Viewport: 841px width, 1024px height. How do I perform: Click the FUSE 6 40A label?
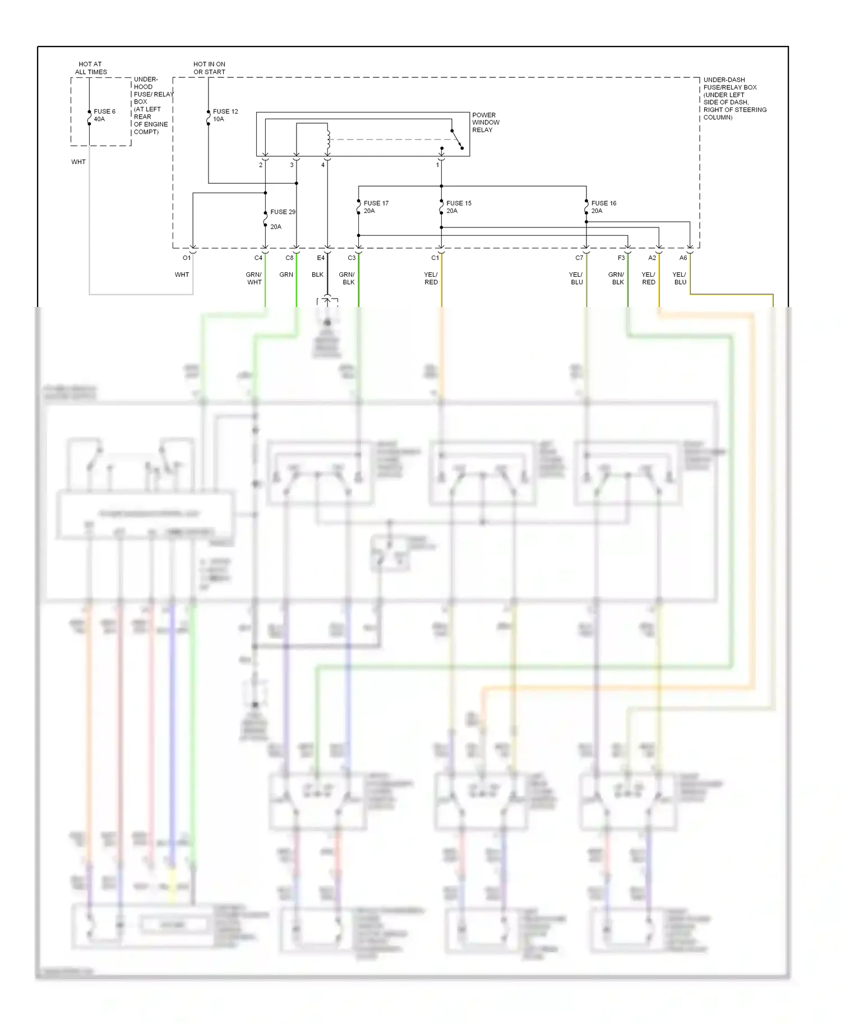pos(104,115)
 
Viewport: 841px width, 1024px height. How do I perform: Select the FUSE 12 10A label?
pos(225,115)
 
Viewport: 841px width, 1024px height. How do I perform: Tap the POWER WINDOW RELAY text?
pos(486,122)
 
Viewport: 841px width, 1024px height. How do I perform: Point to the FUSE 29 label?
pos(283,212)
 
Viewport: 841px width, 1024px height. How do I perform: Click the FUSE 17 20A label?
pos(376,207)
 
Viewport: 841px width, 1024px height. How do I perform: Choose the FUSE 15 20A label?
pos(459,207)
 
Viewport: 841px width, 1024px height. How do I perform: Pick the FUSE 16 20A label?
pos(603,207)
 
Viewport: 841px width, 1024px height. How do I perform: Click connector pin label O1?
pos(187,258)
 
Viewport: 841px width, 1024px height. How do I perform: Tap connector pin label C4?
pos(258,258)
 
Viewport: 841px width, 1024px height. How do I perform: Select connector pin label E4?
pos(320,258)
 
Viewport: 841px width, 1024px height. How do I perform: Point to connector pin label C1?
pos(435,258)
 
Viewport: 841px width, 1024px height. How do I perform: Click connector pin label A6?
pos(683,258)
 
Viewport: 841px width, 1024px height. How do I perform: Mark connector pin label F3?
pos(621,258)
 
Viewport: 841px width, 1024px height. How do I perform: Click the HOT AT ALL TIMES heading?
pos(91,68)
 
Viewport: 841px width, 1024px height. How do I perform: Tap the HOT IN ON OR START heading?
pos(209,68)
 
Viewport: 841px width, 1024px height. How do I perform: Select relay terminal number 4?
pos(323,165)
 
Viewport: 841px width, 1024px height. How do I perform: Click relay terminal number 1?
pos(438,165)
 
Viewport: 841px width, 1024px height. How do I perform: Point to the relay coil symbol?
pos(329,141)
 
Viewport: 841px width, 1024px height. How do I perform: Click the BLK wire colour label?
pos(317,275)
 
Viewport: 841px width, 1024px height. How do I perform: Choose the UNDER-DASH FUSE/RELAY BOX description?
pos(734,99)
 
